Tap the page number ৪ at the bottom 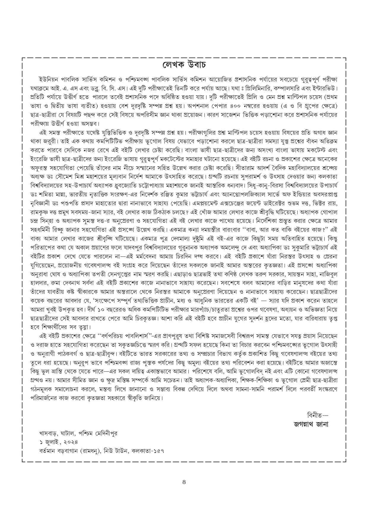[184, 482]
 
